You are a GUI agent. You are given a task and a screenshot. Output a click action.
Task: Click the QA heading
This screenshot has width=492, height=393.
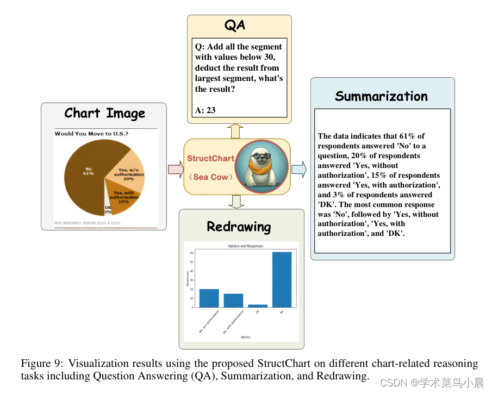point(235,25)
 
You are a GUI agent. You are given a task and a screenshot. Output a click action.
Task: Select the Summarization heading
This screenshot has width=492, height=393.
point(381,96)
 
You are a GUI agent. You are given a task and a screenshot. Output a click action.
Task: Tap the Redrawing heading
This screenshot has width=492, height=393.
point(239,226)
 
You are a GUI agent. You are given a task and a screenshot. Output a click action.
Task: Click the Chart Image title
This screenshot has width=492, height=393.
point(104,113)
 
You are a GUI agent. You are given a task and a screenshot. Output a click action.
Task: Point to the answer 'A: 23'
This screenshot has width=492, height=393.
point(205,110)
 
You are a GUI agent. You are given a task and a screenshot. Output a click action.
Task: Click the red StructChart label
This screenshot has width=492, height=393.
point(210,159)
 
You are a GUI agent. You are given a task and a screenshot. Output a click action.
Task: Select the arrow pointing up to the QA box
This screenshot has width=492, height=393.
point(235,130)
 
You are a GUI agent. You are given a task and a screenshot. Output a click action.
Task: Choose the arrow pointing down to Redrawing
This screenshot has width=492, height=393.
point(235,202)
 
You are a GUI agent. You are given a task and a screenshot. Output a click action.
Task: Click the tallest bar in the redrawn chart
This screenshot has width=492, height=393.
point(282,279)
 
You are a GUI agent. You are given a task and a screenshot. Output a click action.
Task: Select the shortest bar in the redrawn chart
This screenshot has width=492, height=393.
point(258,305)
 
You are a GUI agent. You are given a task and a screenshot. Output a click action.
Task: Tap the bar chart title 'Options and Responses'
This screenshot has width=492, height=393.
point(245,246)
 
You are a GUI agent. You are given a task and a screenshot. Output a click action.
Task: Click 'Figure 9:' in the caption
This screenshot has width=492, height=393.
point(41,363)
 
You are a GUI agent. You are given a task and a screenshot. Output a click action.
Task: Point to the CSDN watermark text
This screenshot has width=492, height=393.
point(432,383)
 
